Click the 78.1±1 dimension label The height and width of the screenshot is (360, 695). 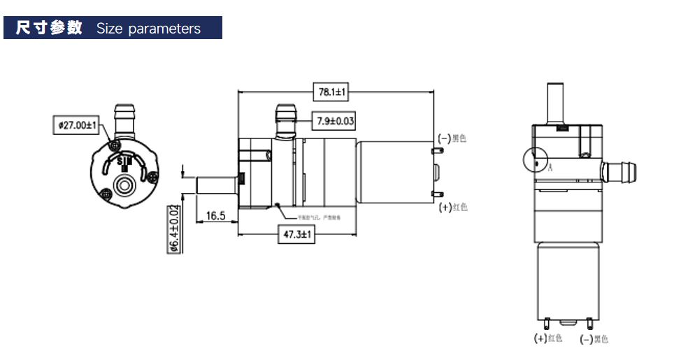click(x=334, y=92)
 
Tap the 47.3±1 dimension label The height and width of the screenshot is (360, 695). click(x=296, y=236)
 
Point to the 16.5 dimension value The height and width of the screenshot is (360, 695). click(x=215, y=216)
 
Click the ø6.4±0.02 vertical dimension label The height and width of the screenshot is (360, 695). click(x=174, y=229)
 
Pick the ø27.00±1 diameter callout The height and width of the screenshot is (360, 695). click(x=77, y=125)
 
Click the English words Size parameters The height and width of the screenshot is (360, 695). click(x=148, y=29)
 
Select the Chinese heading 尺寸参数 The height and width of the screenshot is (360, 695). click(x=49, y=29)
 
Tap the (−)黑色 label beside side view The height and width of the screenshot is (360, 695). click(x=452, y=138)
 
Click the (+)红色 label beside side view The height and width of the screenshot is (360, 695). click(x=453, y=208)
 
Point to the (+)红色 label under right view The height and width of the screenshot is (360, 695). click(x=548, y=338)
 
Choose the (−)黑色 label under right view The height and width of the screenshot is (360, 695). click(x=594, y=339)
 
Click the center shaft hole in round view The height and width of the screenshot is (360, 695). click(x=127, y=185)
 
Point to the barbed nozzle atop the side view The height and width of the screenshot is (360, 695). click(x=285, y=120)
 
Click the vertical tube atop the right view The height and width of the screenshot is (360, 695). click(x=557, y=102)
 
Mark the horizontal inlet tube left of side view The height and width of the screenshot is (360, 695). click(x=216, y=187)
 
